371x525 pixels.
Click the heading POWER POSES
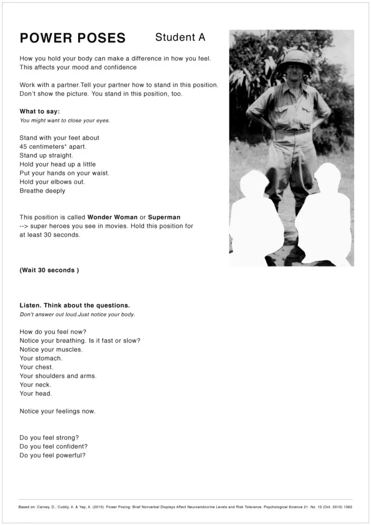pos(72,38)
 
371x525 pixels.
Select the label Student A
pos(180,37)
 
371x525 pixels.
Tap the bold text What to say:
pos(39,111)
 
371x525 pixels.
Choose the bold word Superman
pos(164,217)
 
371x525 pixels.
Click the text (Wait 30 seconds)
pos(49,270)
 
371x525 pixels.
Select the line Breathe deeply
pos(42,191)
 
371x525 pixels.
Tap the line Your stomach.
pos(41,359)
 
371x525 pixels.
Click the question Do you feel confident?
pos(54,447)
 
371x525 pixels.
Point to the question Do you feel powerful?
pos(52,455)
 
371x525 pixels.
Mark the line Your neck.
pos(35,385)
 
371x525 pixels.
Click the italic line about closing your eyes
pos(64,121)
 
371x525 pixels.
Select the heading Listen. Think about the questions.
pos(75,306)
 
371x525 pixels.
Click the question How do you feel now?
pos(53,332)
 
